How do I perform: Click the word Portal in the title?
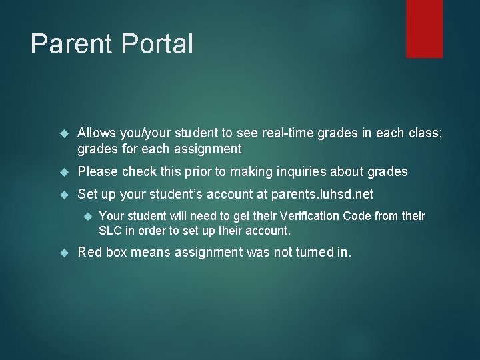(x=153, y=44)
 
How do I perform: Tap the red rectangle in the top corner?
(x=425, y=29)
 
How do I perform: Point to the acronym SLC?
(x=109, y=230)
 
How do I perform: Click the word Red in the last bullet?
(x=90, y=253)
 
